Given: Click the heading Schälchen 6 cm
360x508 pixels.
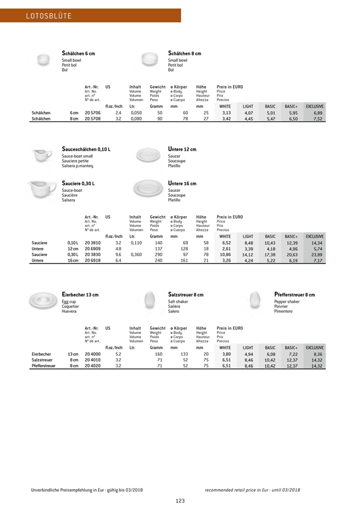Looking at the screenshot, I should pos(78,54).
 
